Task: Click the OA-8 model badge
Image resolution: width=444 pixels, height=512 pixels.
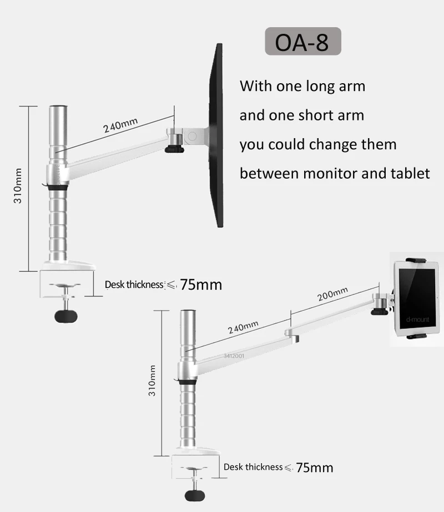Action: (303, 42)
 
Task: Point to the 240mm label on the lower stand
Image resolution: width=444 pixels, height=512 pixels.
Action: (243, 327)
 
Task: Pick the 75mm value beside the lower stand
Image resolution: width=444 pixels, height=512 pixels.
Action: (315, 468)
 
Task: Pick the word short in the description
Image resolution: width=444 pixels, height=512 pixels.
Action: (317, 115)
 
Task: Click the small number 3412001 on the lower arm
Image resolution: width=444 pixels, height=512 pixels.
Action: (234, 357)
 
